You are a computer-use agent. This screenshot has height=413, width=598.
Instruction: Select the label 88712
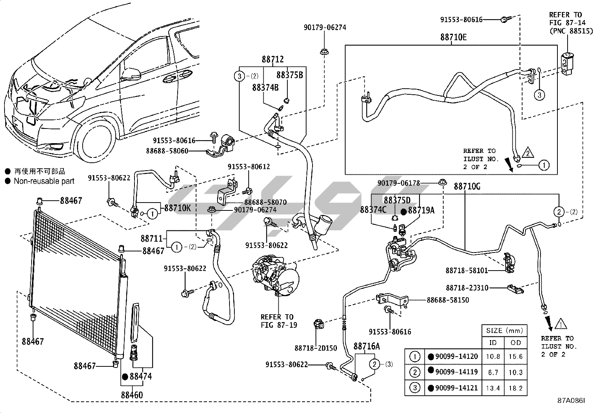(x=273, y=59)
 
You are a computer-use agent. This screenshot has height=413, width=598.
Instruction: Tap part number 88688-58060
(x=167, y=151)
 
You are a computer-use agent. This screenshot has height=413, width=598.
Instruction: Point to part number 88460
(x=132, y=395)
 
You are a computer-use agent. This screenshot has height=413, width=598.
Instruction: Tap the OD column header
(x=516, y=343)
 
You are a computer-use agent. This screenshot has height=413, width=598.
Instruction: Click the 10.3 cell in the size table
(x=516, y=372)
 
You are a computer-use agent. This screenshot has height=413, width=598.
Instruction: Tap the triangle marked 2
(x=527, y=153)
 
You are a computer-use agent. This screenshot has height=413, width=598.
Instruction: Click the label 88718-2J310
(x=467, y=288)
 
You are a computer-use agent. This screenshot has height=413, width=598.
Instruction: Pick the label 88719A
(x=421, y=210)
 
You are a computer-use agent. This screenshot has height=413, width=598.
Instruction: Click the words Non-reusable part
(x=44, y=181)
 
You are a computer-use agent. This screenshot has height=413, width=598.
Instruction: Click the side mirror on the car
(x=131, y=73)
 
